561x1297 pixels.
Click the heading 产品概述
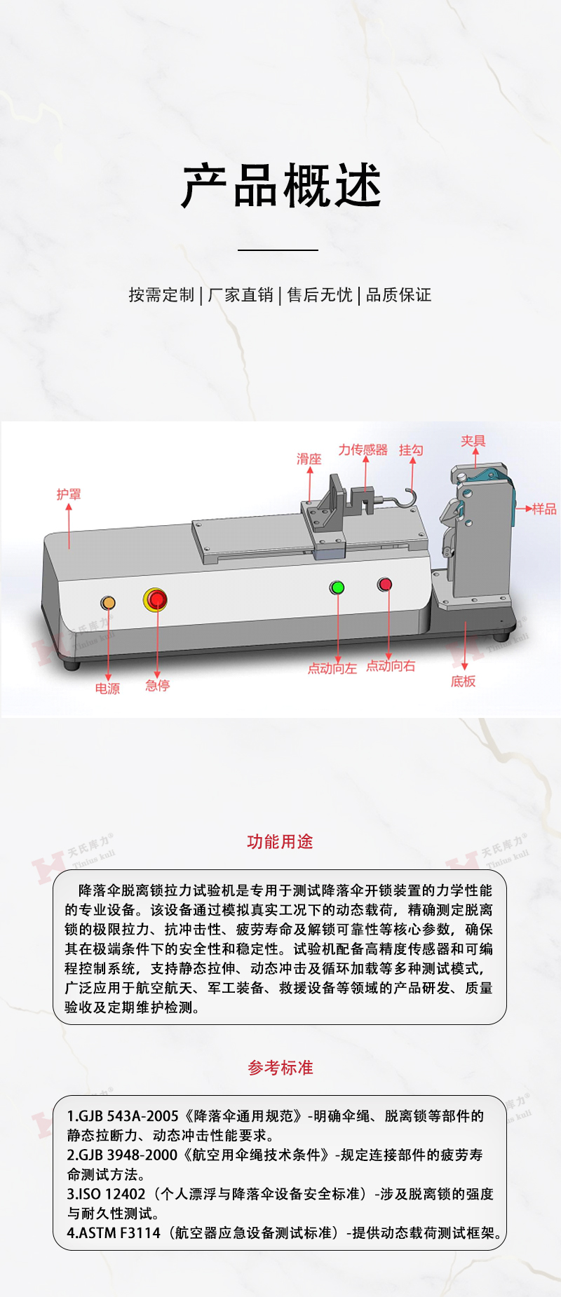pyautogui.click(x=280, y=186)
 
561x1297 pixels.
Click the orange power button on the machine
pyautogui.click(x=108, y=602)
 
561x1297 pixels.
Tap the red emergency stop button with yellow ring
pyautogui.click(x=156, y=599)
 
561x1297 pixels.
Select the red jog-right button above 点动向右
pyautogui.click(x=384, y=584)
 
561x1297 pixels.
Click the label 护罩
pyautogui.click(x=69, y=494)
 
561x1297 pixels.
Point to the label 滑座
pyautogui.click(x=309, y=459)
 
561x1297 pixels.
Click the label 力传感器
pyautogui.click(x=363, y=450)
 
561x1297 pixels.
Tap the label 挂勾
pyautogui.click(x=411, y=450)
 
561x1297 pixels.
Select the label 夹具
pyautogui.click(x=473, y=441)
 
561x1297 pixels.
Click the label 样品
pyautogui.click(x=544, y=509)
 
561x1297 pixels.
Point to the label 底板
pyautogui.click(x=464, y=681)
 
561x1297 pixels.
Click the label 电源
pyautogui.click(x=107, y=689)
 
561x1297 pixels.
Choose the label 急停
pyautogui.click(x=158, y=686)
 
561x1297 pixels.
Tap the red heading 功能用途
pyautogui.click(x=280, y=842)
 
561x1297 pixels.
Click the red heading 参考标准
pyautogui.click(x=280, y=1068)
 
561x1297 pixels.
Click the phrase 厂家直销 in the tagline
pyautogui.click(x=241, y=295)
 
